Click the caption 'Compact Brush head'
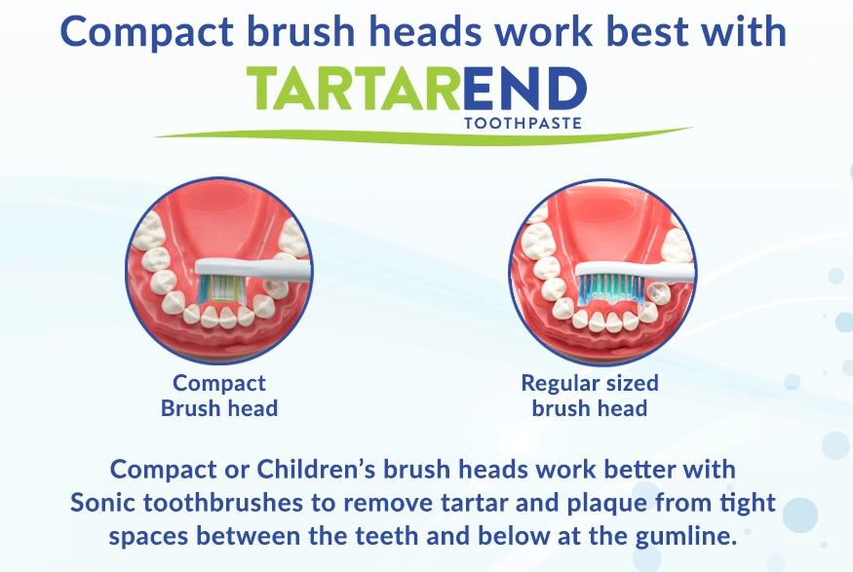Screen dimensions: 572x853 pos(219,396)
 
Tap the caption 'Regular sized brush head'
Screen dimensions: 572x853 pos(590,396)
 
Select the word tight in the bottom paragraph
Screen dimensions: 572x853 pos(752,504)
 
